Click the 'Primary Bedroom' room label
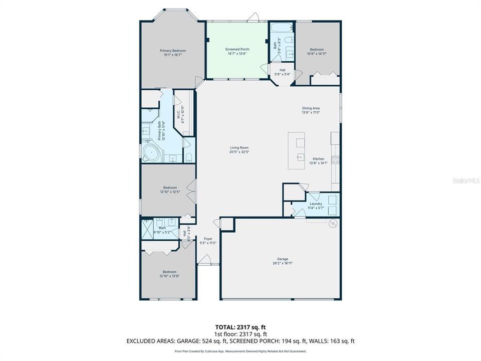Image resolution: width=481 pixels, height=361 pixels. pos(173,51)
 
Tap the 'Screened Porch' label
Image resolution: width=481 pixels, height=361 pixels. pos(237,49)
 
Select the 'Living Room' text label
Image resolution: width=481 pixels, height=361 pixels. pos(239,147)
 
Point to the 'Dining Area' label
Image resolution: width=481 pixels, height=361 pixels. pos(311,108)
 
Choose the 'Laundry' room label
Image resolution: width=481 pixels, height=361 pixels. pos(316,204)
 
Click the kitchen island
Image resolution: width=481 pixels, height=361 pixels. pos(298,150)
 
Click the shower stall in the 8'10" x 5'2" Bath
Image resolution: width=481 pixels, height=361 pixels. pos(147,228)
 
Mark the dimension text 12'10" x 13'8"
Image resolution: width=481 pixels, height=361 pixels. pos(169,276)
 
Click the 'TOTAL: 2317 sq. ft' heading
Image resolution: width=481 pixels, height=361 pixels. pos(240,326)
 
